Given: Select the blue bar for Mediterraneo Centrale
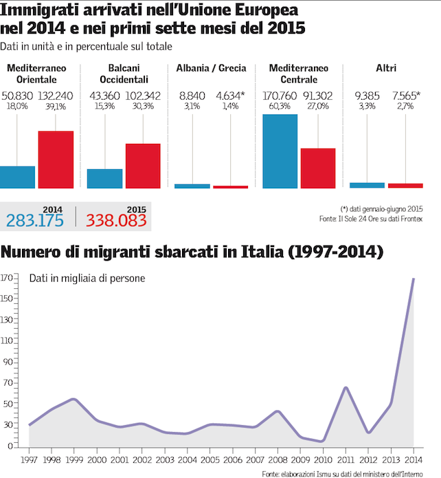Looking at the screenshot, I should point(280,151).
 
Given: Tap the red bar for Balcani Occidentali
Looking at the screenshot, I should point(143,165).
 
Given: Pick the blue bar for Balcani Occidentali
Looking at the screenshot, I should point(104,178).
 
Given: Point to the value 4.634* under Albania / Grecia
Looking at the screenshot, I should point(231,96).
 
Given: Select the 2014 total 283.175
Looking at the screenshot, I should point(34,220).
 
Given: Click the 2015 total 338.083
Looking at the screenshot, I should point(116,220).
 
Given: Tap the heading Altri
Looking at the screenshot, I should point(386,68).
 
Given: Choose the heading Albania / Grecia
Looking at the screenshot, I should point(212,68).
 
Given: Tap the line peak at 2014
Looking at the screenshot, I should point(414,279).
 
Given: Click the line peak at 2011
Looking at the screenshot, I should point(346,388).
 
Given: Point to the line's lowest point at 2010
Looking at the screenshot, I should point(323,441).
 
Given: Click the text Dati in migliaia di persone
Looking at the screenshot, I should point(86,279).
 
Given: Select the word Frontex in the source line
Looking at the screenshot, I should point(409,219).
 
